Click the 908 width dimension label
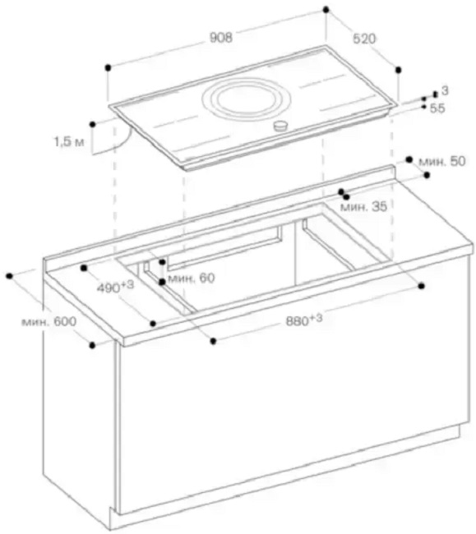coord(221,38)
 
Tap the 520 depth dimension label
coord(364,39)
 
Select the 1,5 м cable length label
coord(69,141)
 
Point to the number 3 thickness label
coord(445,90)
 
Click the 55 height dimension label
coord(437,108)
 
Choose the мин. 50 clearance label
coord(441,161)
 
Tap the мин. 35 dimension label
coord(363,206)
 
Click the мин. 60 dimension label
coord(192,279)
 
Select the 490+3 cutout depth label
coord(115,287)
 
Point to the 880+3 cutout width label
coord(304,320)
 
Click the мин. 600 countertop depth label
coord(49,321)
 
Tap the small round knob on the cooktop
coord(280,126)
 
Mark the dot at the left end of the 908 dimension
coord(108,67)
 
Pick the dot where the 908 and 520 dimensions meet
coord(326,10)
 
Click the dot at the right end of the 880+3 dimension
coord(422,286)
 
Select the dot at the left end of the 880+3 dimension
coord(213,341)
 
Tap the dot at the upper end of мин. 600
coord(9,275)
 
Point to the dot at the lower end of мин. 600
coord(92,345)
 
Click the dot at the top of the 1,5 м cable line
coord(92,124)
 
